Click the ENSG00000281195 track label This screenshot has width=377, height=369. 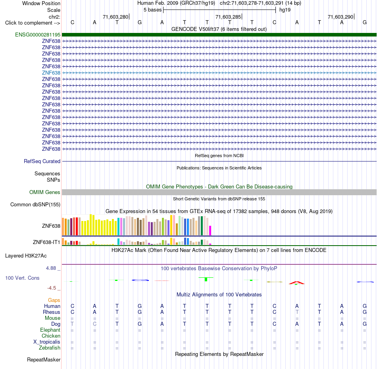point(38,35)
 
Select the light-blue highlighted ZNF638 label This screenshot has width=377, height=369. point(51,73)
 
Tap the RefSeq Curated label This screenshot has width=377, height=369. point(42,161)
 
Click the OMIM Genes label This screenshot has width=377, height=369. point(45,192)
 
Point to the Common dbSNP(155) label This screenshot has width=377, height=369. point(35,205)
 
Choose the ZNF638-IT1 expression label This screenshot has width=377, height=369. point(46,242)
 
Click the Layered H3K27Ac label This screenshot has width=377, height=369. point(26,256)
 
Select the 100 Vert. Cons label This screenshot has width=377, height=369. point(22,278)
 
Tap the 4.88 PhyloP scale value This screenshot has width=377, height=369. point(51,268)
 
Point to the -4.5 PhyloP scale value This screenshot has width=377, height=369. point(52,288)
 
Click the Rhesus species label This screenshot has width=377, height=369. point(52,312)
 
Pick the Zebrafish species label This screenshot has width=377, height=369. point(50,348)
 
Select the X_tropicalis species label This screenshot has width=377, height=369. point(47,342)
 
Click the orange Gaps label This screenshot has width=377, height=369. point(54,300)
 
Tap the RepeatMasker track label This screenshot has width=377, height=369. point(44,359)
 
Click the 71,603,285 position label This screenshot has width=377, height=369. point(228,17)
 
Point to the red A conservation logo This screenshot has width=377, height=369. point(297,283)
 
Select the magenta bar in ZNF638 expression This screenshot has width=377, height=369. point(210,230)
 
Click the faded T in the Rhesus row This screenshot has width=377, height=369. point(297,312)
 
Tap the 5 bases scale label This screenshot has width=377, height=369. point(153,10)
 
